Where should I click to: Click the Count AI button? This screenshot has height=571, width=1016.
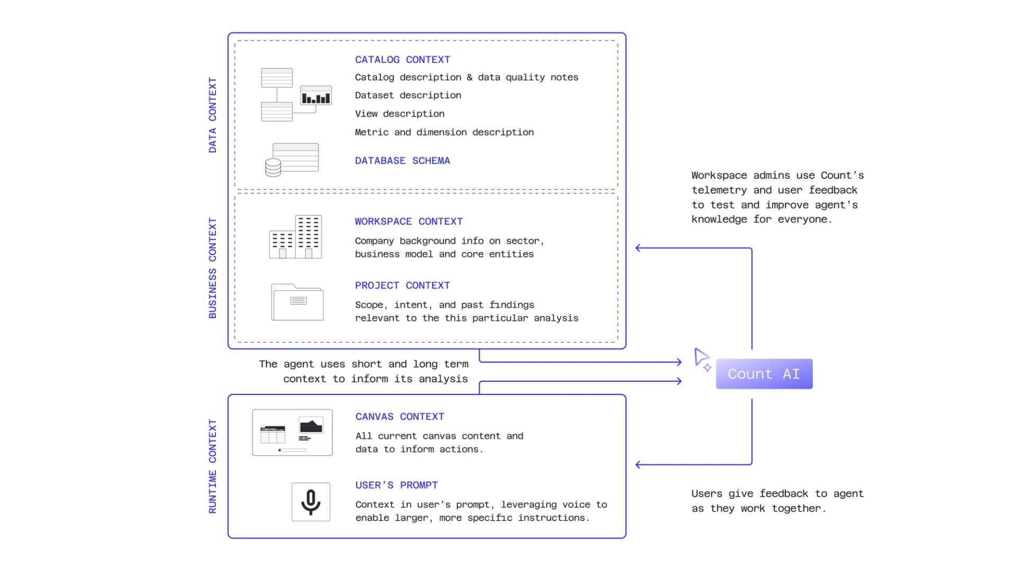[x=764, y=374]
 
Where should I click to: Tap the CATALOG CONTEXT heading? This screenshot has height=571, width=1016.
[x=402, y=60]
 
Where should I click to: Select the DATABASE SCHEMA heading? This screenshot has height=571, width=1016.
[x=402, y=161]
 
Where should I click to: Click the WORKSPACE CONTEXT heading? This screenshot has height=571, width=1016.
[x=409, y=222]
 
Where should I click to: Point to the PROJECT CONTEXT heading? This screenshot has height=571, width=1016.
[x=402, y=285]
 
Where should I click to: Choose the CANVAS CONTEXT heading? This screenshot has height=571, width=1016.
[x=400, y=417]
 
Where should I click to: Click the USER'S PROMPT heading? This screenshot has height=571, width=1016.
[x=396, y=485]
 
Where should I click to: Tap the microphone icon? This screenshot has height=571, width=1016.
[x=311, y=502]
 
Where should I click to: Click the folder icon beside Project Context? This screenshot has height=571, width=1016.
[x=297, y=302]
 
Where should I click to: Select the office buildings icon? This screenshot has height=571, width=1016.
[x=295, y=237]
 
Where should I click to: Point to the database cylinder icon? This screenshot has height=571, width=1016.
[x=273, y=168]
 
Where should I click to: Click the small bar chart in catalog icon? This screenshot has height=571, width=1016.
[x=316, y=96]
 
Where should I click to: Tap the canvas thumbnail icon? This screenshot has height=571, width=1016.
[x=292, y=432]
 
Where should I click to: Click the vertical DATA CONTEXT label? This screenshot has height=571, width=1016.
[x=213, y=115]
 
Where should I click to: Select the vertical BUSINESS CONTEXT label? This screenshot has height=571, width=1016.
[x=213, y=268]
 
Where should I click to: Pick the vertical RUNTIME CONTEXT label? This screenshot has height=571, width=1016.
[x=213, y=466]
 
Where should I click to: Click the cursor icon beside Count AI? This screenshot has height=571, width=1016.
[x=702, y=359]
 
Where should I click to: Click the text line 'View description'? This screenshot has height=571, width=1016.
[x=400, y=114]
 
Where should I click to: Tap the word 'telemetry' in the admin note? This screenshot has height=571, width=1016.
[x=719, y=190]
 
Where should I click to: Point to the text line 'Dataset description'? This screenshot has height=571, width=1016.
[x=408, y=95]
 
